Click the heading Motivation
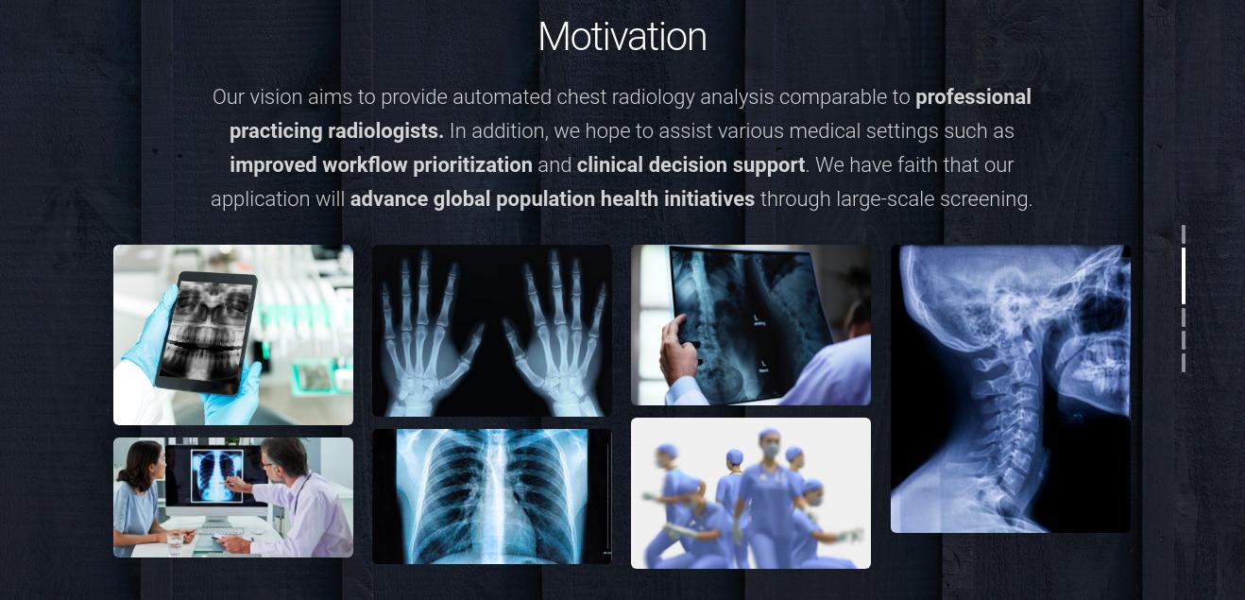pyautogui.click(x=622, y=37)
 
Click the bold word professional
pyautogui.click(x=973, y=97)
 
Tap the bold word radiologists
pyautogui.click(x=385, y=131)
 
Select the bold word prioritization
pyautogui.click(x=472, y=165)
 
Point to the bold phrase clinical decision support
pyautogui.click(x=691, y=165)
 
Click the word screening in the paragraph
pyautogui.click(x=985, y=199)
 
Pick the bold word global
pyautogui.click(x=461, y=199)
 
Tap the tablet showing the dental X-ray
pyautogui.click(x=206, y=333)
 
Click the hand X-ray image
pyautogui.click(x=492, y=331)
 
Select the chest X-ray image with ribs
pyautogui.click(x=492, y=496)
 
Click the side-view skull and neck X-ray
pyautogui.click(x=1011, y=388)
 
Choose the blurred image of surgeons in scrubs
pyautogui.click(x=751, y=493)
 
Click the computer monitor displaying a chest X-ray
pyautogui.click(x=216, y=478)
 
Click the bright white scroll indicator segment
pyautogui.click(x=1184, y=276)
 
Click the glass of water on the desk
pyautogui.click(x=175, y=543)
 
